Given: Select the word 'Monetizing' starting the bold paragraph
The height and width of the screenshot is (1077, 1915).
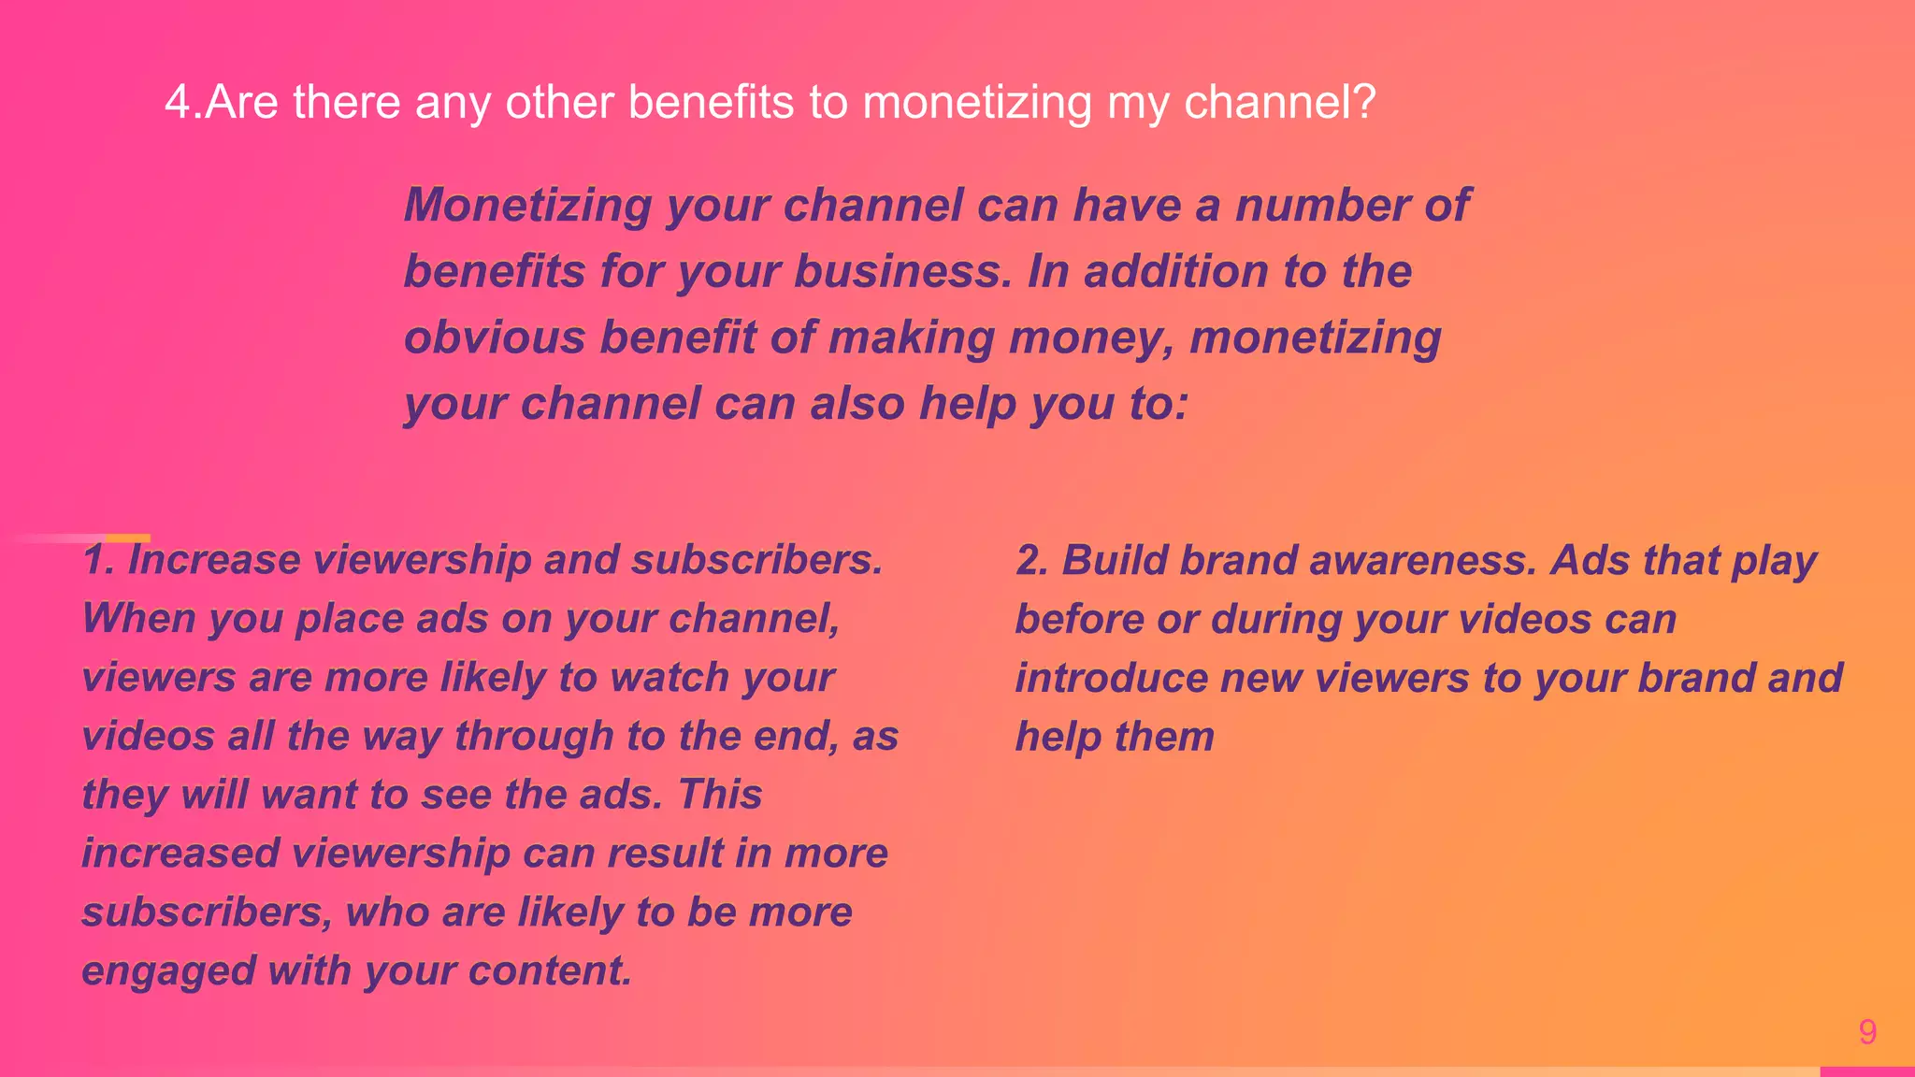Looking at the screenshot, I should [x=527, y=206].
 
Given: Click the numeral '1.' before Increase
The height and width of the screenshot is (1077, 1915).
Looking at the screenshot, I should [x=98, y=560].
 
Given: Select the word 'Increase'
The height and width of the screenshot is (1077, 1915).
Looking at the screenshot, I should [x=214, y=560].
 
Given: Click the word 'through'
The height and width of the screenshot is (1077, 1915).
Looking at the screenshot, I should [x=534, y=737].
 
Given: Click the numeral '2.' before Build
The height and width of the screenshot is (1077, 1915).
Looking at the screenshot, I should [x=1032, y=561].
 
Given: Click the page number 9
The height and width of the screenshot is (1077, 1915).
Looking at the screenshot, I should [x=1867, y=1032].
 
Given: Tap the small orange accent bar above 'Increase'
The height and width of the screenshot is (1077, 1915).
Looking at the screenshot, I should [x=127, y=538].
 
